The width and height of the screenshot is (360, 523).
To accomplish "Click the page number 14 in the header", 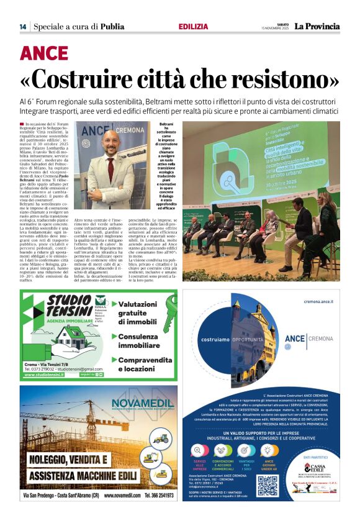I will click(x=23, y=27).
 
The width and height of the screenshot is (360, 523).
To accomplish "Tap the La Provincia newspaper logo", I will click(x=317, y=26).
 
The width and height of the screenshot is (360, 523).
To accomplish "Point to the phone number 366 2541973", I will click(x=158, y=496).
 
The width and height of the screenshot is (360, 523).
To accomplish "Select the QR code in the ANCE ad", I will click(x=268, y=485).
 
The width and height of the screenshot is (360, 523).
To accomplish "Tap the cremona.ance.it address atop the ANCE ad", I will click(x=322, y=300).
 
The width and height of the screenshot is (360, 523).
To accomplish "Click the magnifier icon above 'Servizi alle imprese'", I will click(x=200, y=450).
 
